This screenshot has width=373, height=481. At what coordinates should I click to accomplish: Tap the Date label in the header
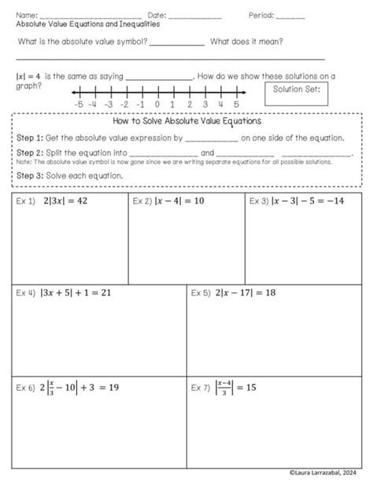tap(156, 15)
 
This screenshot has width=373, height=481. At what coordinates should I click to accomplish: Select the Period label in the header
tap(260, 15)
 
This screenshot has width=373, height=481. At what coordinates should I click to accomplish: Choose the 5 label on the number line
tap(236, 104)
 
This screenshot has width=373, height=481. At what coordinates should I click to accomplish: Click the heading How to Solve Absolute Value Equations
tap(187, 122)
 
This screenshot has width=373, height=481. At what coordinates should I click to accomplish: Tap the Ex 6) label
tap(26, 387)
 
